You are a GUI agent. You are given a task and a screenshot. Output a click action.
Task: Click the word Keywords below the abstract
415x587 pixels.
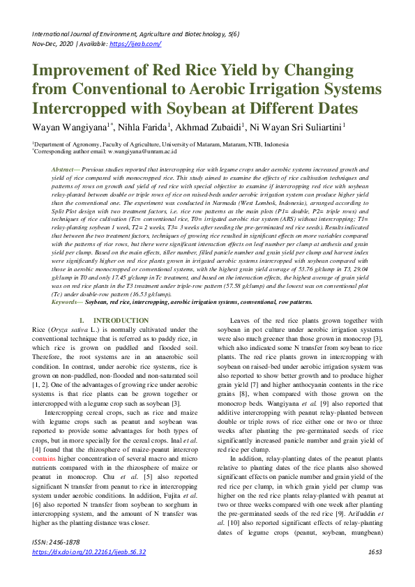(67, 303)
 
